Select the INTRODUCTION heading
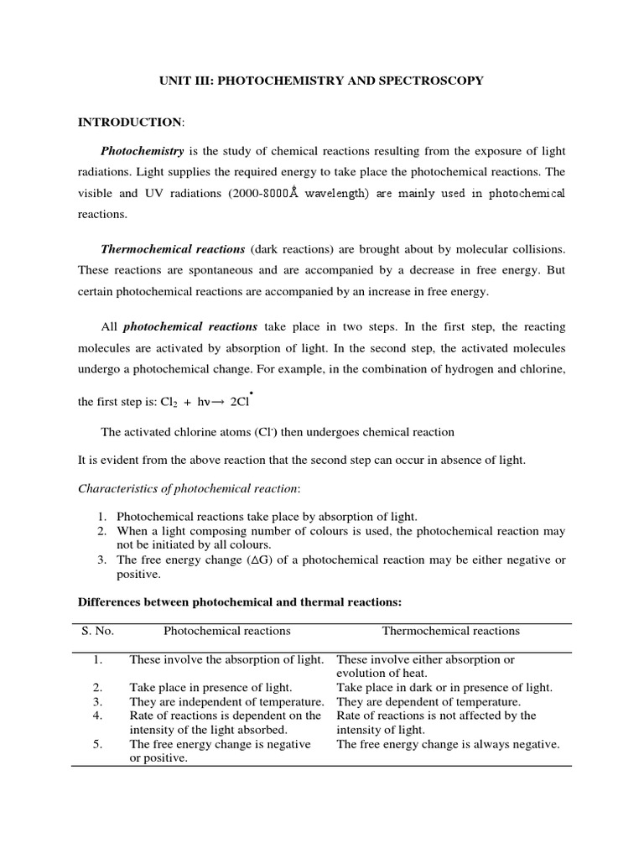pyautogui.click(x=129, y=122)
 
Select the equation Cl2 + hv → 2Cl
pyautogui.click(x=195, y=402)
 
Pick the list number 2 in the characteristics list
pyautogui.click(x=101, y=532)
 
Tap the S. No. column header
pyautogui.click(x=96, y=631)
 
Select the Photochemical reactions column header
pyautogui.click(x=226, y=631)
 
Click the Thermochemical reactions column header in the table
pyautogui.click(x=451, y=631)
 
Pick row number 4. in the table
pyautogui.click(x=97, y=716)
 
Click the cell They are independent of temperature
pyautogui.click(x=226, y=701)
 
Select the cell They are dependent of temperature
pyautogui.click(x=428, y=701)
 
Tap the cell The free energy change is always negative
pyautogui.click(x=448, y=744)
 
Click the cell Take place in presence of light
pyautogui.click(x=210, y=687)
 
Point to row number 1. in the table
pyautogui.click(x=97, y=659)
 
